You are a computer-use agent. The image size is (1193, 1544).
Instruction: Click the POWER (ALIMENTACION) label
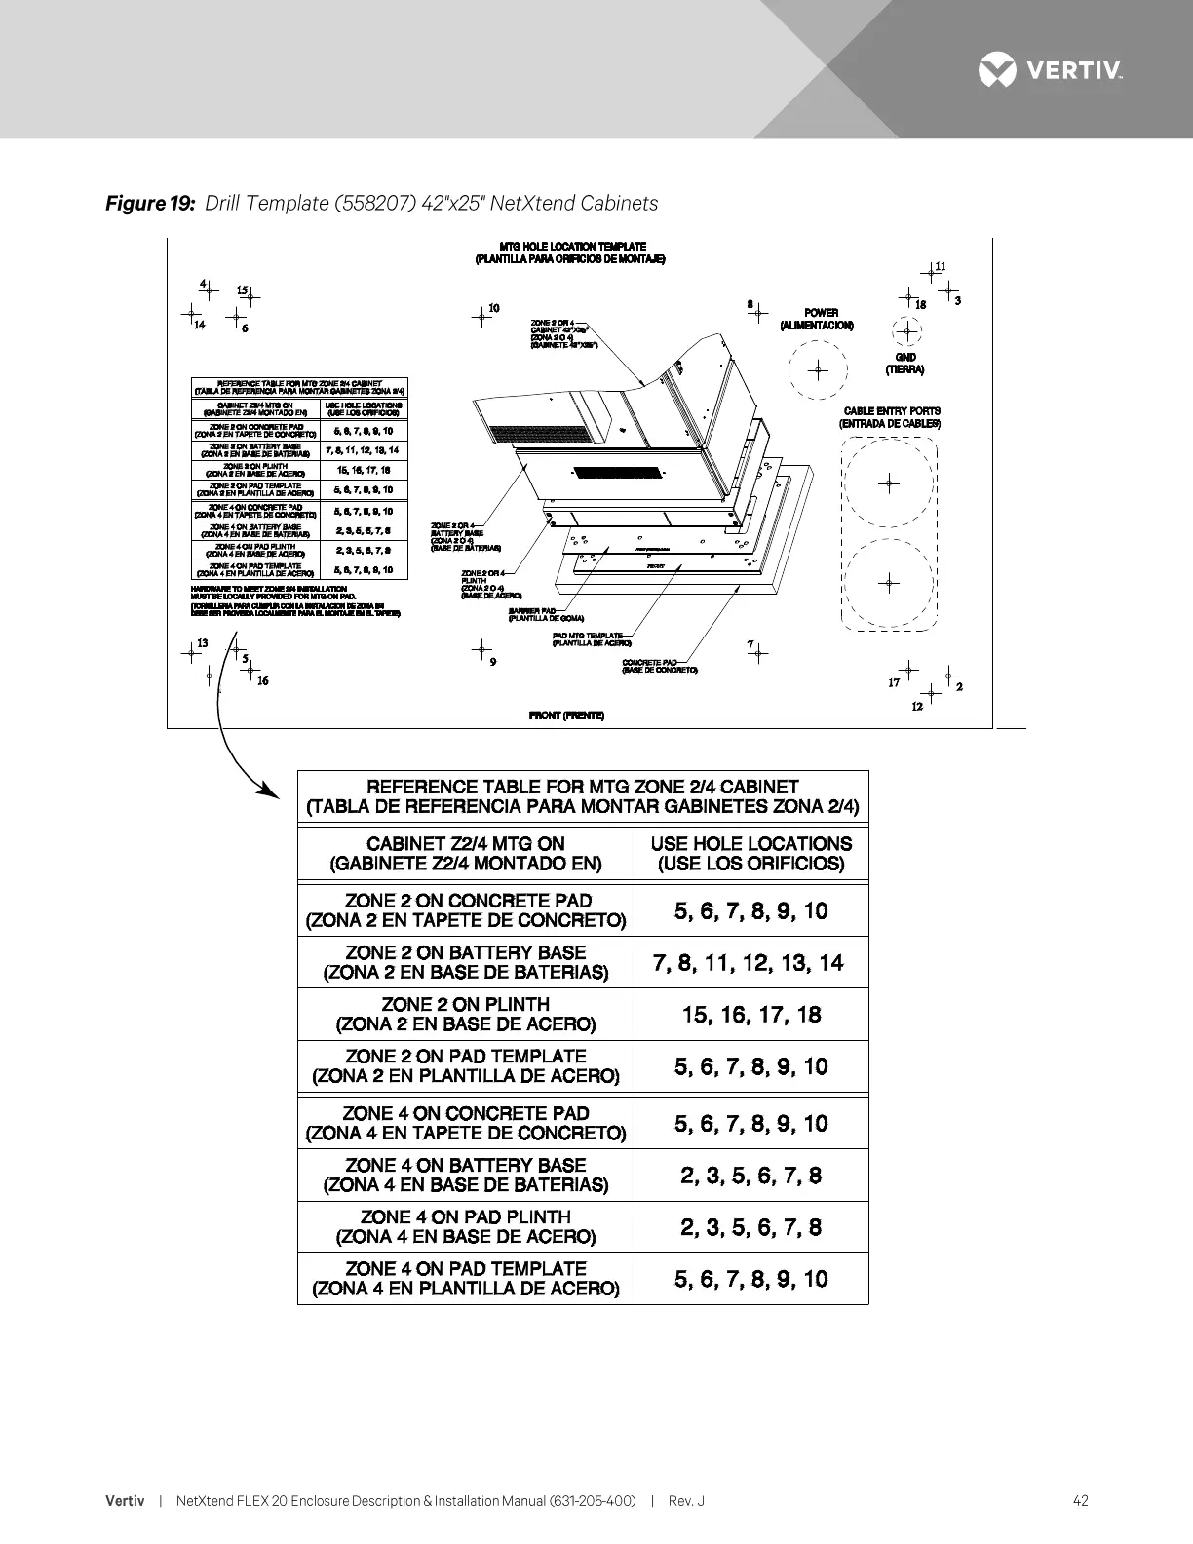[817, 319]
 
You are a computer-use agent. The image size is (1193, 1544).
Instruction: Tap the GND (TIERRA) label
[904, 364]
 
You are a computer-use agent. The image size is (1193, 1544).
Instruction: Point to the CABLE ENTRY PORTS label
[891, 417]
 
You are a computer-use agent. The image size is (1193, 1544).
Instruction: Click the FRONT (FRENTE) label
[566, 715]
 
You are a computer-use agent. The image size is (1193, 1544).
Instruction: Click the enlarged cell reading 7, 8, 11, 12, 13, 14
[750, 963]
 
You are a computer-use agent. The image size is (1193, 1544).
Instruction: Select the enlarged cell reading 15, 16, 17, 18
[750, 1015]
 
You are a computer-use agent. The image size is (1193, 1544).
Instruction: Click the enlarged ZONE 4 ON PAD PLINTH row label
[466, 1226]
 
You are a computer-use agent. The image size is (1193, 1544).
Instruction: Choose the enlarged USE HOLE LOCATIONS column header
[750, 854]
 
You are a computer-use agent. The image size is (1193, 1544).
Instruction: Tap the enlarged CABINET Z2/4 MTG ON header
[466, 854]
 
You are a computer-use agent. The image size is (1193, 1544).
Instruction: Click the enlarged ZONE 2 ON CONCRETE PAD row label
[466, 910]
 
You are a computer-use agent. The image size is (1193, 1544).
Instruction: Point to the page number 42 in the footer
[1080, 1501]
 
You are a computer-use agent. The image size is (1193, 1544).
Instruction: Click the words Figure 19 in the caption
[151, 203]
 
